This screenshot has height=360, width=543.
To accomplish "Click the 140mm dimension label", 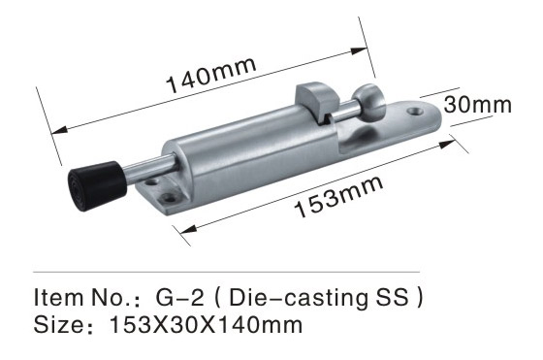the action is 211,75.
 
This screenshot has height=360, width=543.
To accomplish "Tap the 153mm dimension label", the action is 338,196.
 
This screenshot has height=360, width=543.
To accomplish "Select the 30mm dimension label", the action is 477,105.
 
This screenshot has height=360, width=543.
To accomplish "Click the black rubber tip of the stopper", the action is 96,185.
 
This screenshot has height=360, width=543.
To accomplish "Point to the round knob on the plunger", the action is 369,102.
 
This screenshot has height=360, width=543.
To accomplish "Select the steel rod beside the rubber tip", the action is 149,170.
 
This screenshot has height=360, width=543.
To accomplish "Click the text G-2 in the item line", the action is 179,297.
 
